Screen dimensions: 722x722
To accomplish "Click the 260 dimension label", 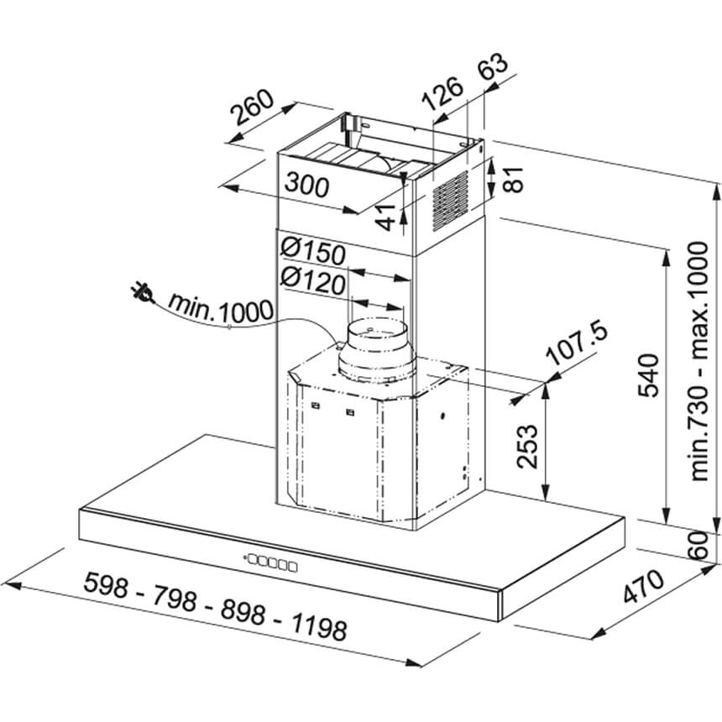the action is point(253,107).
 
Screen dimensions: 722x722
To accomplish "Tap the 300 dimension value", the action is point(307,185).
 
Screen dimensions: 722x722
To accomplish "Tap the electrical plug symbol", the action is point(142,293).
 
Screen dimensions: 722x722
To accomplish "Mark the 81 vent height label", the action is point(515,179).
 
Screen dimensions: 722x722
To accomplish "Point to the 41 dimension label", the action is point(385,217).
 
